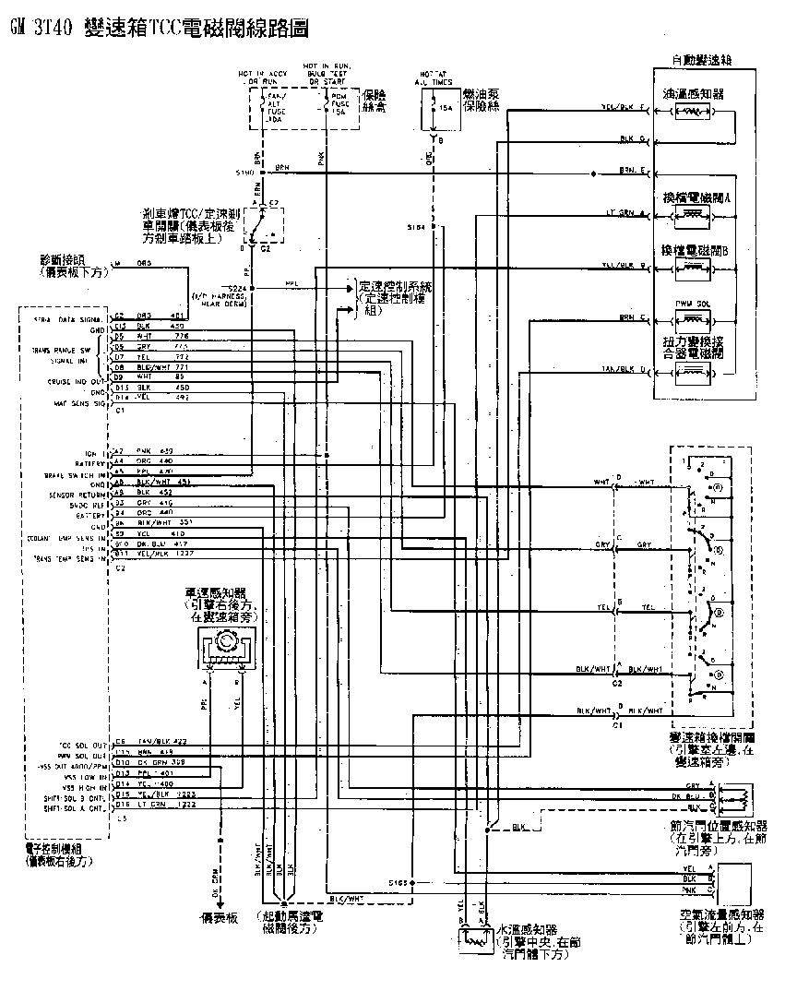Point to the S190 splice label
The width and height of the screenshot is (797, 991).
click(245, 173)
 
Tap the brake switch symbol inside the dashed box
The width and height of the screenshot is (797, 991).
click(263, 222)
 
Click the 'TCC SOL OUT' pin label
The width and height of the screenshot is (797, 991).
click(79, 742)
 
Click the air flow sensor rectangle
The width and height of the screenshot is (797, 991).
click(738, 881)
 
